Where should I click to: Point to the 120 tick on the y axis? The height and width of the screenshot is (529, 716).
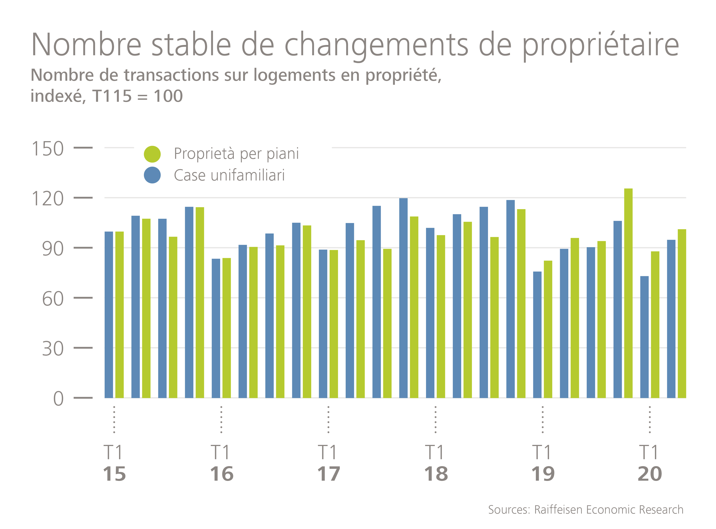pos(47,199)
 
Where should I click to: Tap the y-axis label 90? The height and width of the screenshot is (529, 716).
pos(53,249)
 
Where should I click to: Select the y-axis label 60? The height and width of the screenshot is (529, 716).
pos(53,299)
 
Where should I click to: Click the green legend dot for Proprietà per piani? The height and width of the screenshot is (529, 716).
pos(152,154)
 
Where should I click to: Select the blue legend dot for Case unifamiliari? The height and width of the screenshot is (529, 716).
pos(152,175)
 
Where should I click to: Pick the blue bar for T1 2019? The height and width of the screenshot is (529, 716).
pos(537,335)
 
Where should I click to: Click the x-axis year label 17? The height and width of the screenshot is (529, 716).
pos(328,474)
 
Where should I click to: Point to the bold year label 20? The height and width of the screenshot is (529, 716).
pos(650,474)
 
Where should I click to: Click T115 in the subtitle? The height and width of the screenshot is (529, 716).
pos(112,96)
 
